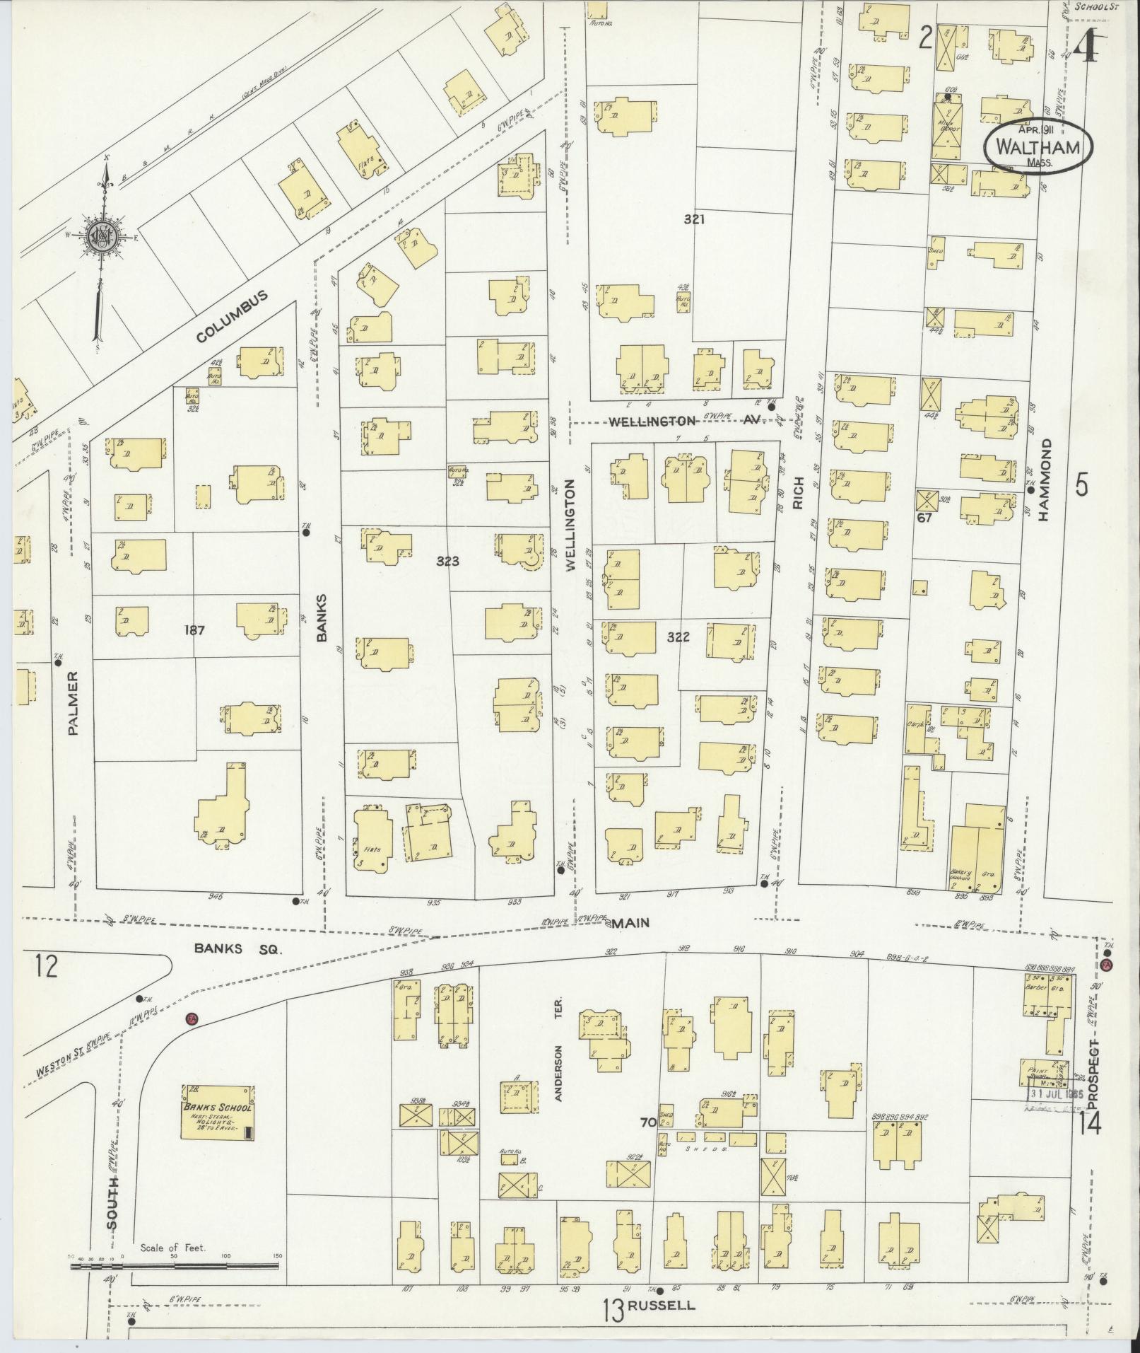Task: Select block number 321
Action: click(694, 219)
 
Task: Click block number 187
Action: click(193, 630)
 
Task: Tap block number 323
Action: click(447, 562)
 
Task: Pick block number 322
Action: click(678, 637)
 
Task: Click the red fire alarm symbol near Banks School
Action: click(190, 1019)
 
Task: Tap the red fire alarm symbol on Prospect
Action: click(1107, 965)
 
